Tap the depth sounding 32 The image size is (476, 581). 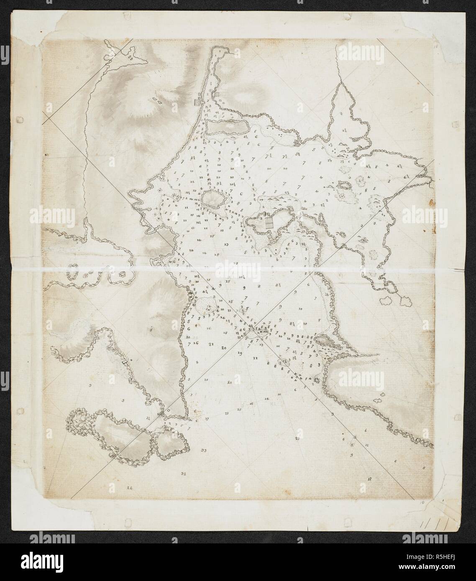click(x=183, y=473)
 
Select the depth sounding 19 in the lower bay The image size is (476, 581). click(x=240, y=354)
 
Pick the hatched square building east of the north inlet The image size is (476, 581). click(x=217, y=94)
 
